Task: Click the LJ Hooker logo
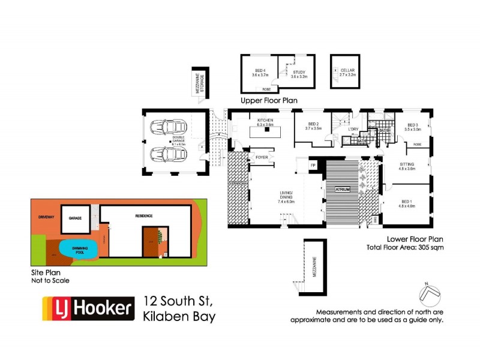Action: click(87, 308)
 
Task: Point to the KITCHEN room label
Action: click(265, 121)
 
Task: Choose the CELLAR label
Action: click(347, 71)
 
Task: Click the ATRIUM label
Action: click(342, 189)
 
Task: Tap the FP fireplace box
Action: click(313, 164)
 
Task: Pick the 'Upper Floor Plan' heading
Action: click(269, 100)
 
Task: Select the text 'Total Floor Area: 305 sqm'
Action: click(405, 247)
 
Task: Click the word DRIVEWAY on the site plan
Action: click(46, 215)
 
